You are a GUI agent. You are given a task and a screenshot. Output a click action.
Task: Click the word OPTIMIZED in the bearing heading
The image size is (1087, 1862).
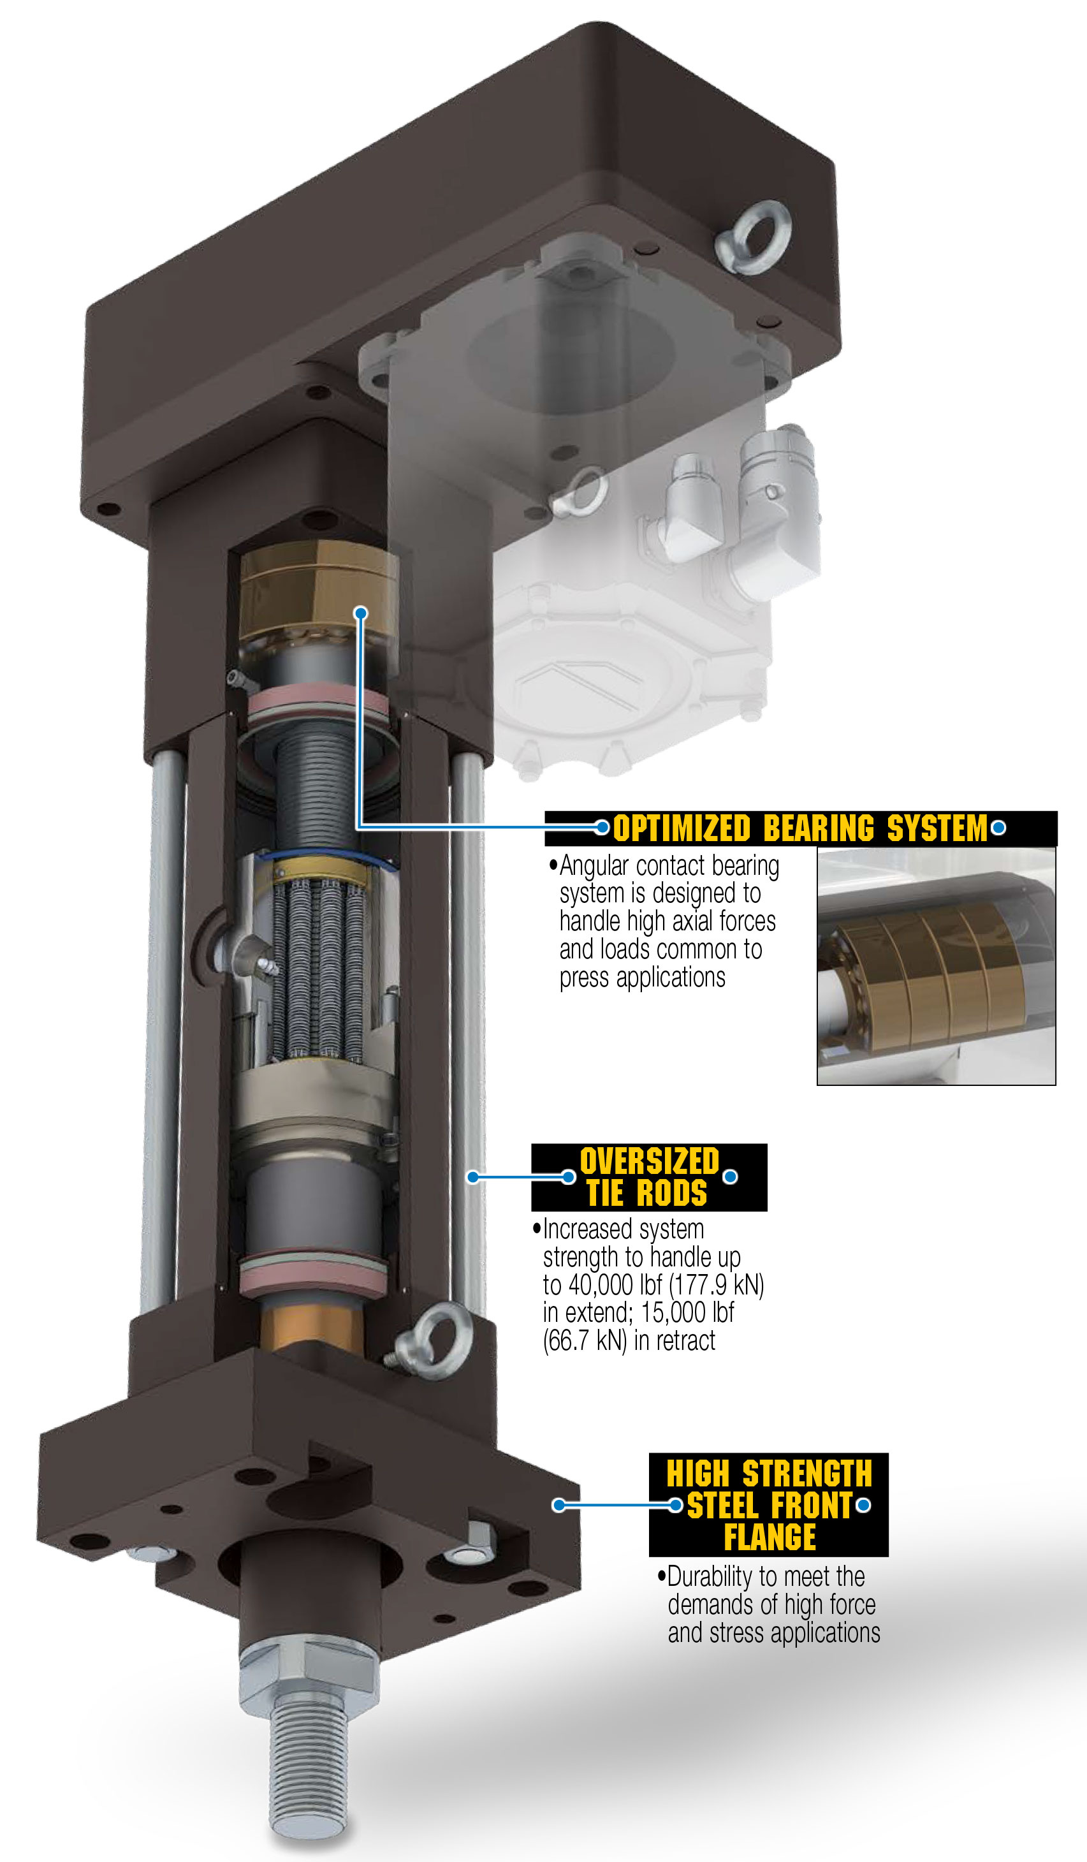pyautogui.click(x=682, y=828)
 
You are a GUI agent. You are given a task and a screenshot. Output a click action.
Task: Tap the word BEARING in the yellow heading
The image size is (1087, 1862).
pyautogui.click(x=819, y=828)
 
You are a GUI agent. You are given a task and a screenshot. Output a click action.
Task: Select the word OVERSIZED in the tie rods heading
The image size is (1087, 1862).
pyautogui.click(x=650, y=1161)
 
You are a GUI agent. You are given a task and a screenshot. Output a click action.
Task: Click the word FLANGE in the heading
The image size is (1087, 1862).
pyautogui.click(x=770, y=1537)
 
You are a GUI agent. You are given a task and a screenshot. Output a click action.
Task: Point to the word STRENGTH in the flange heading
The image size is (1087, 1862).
pyautogui.click(x=807, y=1474)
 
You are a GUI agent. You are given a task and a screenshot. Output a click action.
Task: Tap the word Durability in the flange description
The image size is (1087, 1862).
pyautogui.click(x=710, y=1578)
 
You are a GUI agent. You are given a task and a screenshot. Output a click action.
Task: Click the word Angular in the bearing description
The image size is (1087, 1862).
pyautogui.click(x=594, y=865)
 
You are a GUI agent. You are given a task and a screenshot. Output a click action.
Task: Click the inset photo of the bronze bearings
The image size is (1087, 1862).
pyautogui.click(x=937, y=967)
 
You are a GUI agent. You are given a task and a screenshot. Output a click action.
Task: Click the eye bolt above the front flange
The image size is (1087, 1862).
pyautogui.click(x=432, y=1341)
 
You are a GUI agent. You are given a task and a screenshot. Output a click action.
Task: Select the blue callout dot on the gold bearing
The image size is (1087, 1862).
pyautogui.click(x=361, y=613)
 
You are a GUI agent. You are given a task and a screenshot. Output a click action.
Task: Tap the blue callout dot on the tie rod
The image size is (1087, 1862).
pyautogui.click(x=473, y=1177)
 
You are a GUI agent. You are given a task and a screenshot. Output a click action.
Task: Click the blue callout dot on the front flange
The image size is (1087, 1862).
pyautogui.click(x=559, y=1505)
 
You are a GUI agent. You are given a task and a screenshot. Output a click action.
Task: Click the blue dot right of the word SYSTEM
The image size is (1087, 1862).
pyautogui.click(x=998, y=828)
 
